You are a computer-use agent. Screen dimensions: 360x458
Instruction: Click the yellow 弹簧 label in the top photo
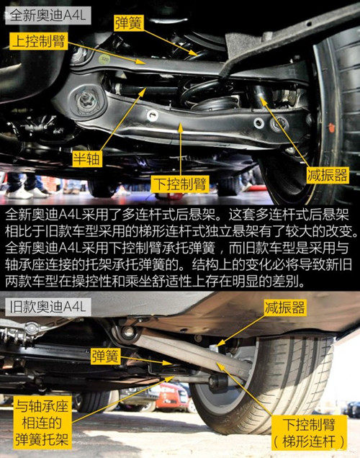(x=128, y=23)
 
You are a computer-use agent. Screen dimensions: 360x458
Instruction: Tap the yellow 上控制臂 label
(x=39, y=40)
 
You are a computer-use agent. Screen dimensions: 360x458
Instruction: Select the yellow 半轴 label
(x=86, y=159)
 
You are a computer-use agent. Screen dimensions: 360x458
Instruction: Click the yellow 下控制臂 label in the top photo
(x=180, y=184)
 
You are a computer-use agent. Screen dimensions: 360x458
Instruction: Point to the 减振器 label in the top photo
(x=328, y=175)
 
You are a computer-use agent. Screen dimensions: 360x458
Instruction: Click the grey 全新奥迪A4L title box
(x=48, y=16)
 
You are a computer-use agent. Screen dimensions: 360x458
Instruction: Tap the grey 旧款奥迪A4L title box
(x=48, y=307)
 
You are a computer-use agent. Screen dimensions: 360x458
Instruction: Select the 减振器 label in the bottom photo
(x=284, y=307)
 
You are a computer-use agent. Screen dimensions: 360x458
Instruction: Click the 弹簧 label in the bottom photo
(x=105, y=356)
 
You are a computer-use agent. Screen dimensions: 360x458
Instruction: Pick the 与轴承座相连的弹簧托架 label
(x=42, y=423)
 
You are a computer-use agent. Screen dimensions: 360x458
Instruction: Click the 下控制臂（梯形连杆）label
(x=309, y=433)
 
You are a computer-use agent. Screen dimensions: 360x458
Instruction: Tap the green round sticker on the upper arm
(x=104, y=58)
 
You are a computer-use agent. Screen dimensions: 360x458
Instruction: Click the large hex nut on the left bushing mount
(x=86, y=101)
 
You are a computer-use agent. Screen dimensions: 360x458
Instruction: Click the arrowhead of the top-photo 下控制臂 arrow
(x=181, y=124)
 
